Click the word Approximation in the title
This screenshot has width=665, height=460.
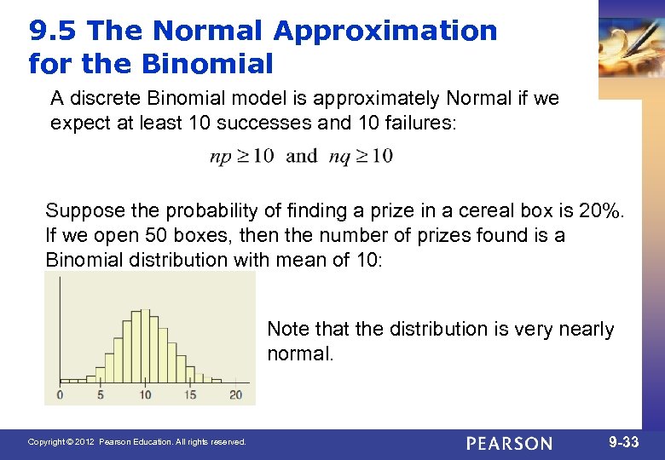pos(385,31)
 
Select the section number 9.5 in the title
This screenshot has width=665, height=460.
pos(53,31)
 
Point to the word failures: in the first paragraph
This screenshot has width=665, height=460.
pos(419,124)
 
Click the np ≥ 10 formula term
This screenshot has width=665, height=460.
pos(241,156)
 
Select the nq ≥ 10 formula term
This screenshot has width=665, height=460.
pos(359,156)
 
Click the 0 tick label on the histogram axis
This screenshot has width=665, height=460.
pos(60,394)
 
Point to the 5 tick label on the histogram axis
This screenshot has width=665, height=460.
pos(101,394)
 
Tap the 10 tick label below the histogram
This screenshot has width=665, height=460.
pos(145,394)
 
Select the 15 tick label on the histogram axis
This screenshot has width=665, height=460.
pos(189,394)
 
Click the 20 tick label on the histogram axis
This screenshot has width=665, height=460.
pos(235,394)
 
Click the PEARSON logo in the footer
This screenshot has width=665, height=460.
pos(509,443)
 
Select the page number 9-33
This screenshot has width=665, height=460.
pos(625,442)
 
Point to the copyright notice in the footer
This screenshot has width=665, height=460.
pos(136,442)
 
